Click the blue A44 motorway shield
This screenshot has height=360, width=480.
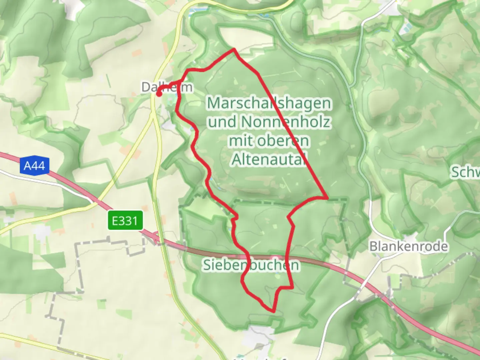tap(34, 166)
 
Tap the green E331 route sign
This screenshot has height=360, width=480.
tap(125, 220)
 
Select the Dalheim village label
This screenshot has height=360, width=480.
tap(167, 87)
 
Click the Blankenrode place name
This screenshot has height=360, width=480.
tap(409, 246)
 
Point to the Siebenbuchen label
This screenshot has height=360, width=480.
tap(251, 265)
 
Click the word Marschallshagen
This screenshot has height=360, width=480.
tap(269, 103)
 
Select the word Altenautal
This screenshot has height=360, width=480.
tap(269, 160)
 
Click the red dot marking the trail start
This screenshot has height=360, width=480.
tap(159, 94)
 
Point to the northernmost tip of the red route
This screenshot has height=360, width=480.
tap(234, 50)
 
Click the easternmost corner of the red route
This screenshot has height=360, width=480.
tap(327, 198)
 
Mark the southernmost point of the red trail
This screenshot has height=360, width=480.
tap(273, 311)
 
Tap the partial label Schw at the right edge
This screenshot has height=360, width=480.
tap(465, 172)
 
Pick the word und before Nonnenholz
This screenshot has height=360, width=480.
tap(222, 122)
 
